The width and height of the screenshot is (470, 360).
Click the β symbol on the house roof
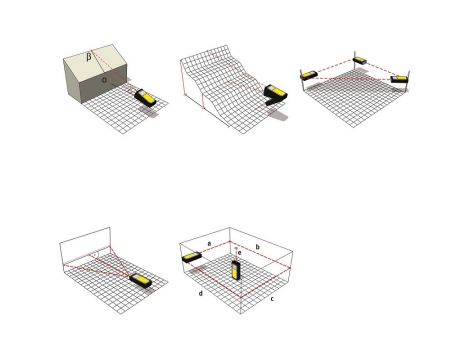click(89, 57)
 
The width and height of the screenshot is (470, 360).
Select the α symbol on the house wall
click(104, 80)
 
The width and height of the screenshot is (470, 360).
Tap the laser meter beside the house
click(145, 98)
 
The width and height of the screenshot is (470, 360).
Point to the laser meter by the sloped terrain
click(276, 95)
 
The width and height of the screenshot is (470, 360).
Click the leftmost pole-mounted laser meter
click(309, 75)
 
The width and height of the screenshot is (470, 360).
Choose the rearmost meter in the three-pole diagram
click(360, 61)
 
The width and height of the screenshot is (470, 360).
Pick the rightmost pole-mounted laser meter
click(399, 79)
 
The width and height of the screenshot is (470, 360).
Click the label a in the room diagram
click(209, 244)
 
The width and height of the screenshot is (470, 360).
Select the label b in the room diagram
click(257, 247)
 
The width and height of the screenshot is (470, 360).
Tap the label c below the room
click(272, 299)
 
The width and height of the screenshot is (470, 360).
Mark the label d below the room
click(201, 293)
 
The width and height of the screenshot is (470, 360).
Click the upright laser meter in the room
click(236, 270)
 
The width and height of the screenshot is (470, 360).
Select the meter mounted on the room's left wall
click(192, 257)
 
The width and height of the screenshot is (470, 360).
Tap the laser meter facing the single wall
click(140, 281)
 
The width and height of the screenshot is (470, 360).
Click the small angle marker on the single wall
click(96, 255)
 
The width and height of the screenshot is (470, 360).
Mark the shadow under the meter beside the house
click(149, 111)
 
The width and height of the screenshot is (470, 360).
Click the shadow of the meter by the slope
click(278, 115)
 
